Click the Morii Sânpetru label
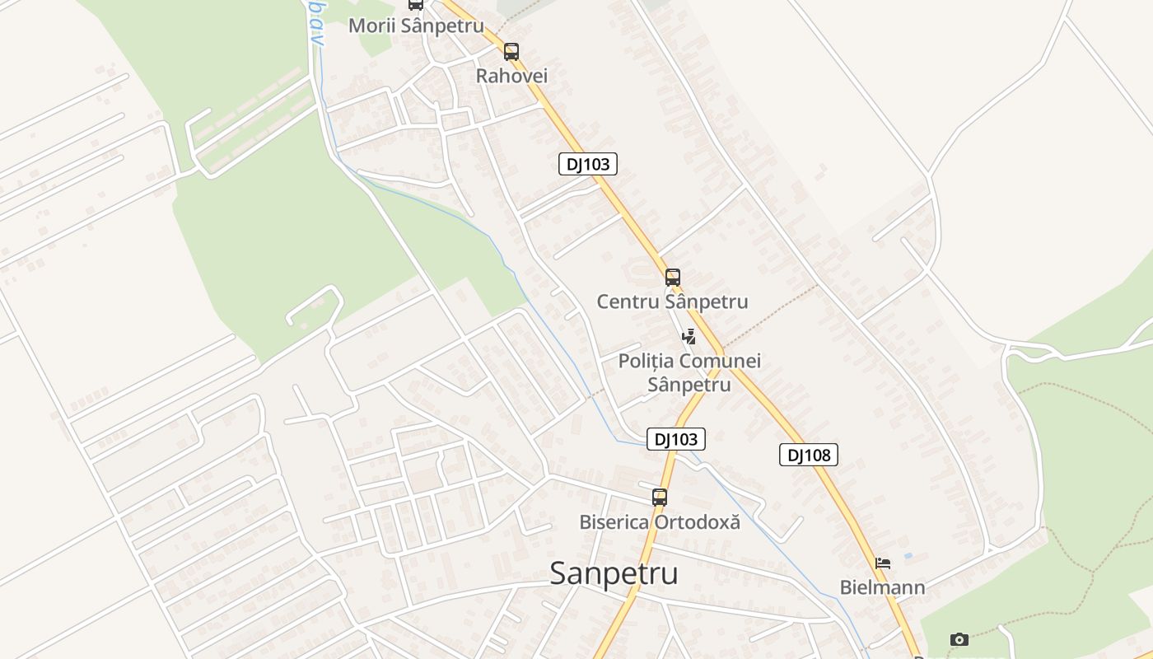pos(416,26)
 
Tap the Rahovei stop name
pos(511,76)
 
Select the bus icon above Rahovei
pos(511,52)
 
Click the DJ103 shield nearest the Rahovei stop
pos(588,164)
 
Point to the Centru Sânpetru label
pos(672,301)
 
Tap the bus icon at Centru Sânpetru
pos(673,277)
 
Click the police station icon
pos(689,336)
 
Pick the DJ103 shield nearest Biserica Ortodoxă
pos(676,439)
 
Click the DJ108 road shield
pos(808,455)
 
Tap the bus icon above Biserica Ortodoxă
pos(660,498)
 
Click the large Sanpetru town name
pos(614,573)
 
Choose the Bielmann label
pos(882,587)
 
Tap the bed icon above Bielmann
pos(883,564)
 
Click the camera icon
pos(959,639)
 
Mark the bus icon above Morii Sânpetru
pos(416,4)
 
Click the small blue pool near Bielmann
pos(908,556)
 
